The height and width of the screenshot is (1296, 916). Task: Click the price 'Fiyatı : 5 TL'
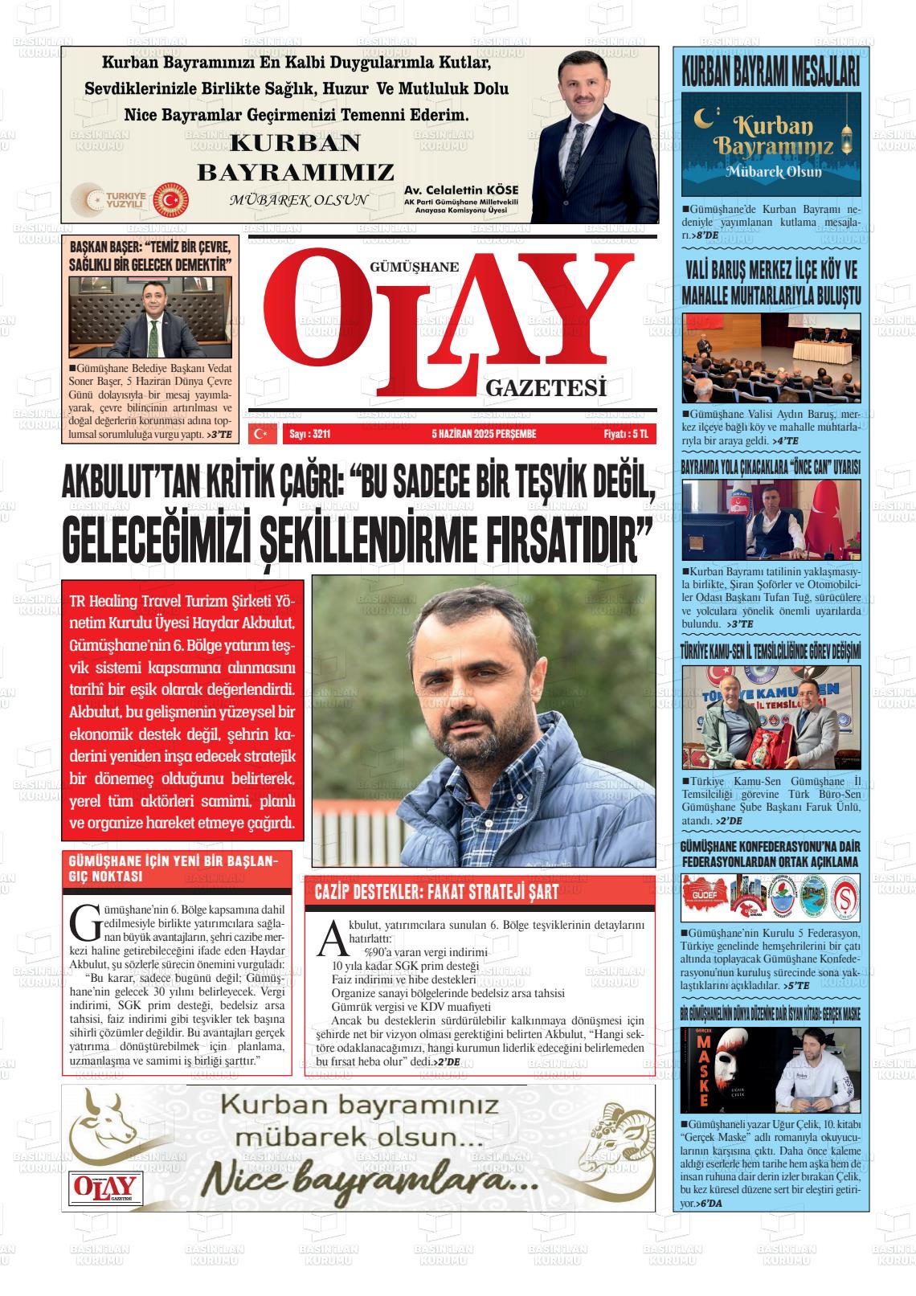pos(630,434)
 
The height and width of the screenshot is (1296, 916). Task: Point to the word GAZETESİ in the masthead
pos(545,388)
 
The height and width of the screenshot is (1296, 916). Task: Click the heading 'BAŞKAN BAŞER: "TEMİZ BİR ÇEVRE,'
pos(150,247)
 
